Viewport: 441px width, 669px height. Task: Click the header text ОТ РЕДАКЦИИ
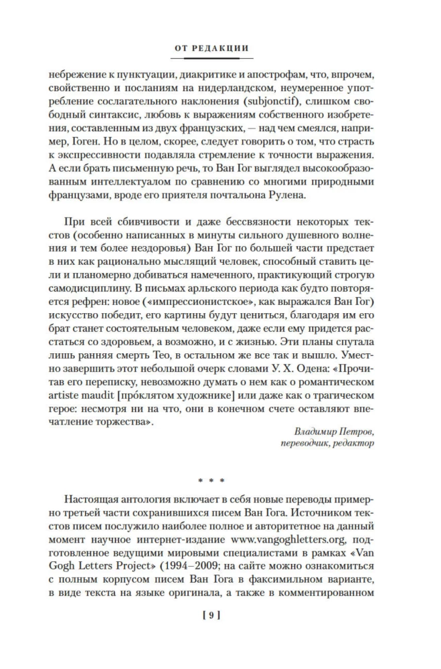coord(220,48)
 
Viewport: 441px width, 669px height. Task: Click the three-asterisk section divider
coord(220,480)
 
